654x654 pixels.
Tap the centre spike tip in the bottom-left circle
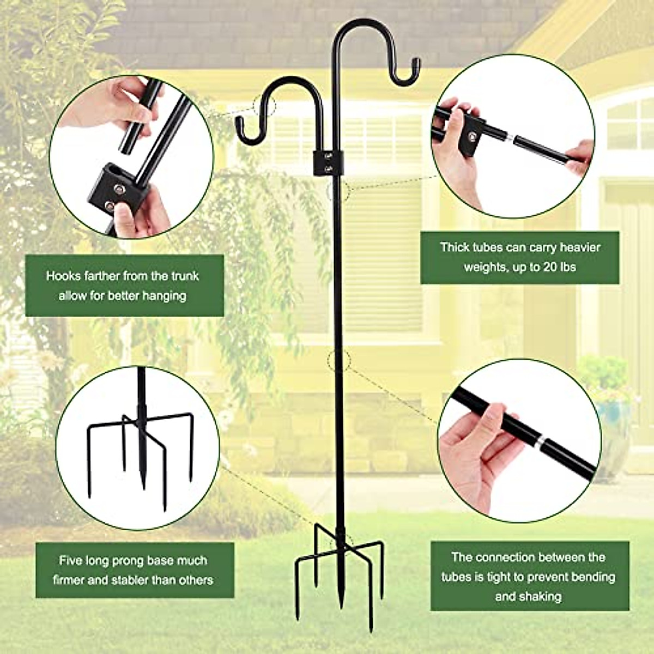tap(143, 485)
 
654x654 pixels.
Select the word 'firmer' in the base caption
tap(69, 580)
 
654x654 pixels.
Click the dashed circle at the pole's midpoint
tap(339, 360)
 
